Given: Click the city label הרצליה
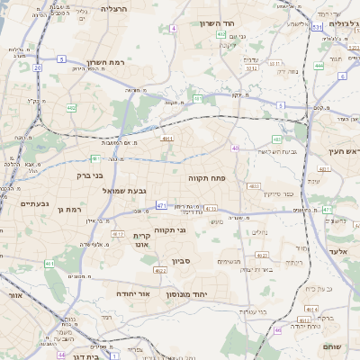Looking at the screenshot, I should tap(115, 8).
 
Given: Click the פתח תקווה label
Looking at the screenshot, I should tap(204, 180).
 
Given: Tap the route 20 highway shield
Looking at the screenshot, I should tap(37, 67).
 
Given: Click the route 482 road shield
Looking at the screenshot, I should tap(71, 108).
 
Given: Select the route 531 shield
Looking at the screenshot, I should tap(317, 28).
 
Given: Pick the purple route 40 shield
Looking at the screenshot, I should tap(235, 148).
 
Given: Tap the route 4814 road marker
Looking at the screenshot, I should tap(311, 310).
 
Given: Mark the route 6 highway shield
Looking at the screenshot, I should tap(344, 76).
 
